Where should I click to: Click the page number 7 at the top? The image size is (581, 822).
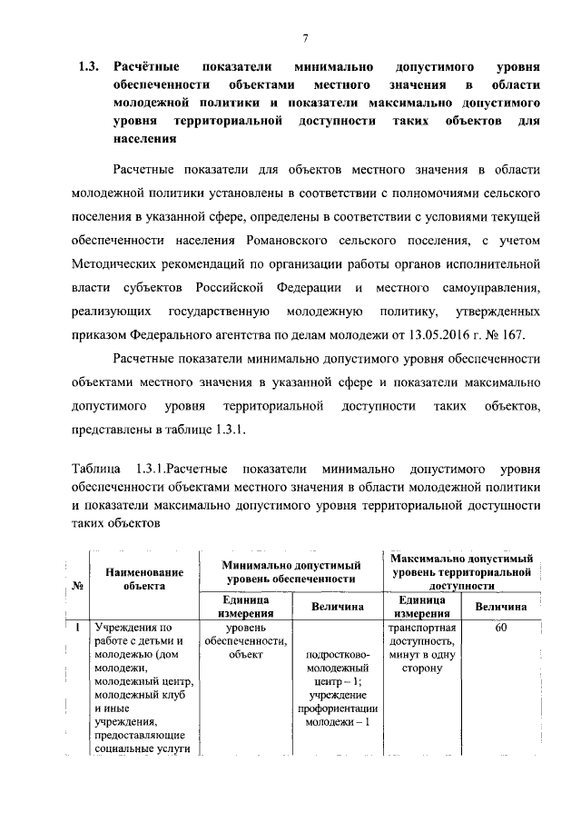(x=306, y=36)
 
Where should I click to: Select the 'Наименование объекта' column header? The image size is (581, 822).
(x=144, y=579)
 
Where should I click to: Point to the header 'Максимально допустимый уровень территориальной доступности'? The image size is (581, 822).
(x=462, y=570)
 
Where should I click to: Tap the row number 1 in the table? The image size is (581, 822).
(x=79, y=628)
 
